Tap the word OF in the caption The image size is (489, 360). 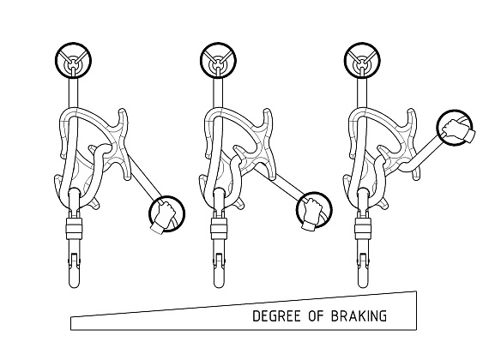(317, 316)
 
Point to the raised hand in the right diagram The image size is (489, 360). (458, 129)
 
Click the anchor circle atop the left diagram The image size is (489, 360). (73, 60)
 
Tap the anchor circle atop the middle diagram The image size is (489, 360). (218, 60)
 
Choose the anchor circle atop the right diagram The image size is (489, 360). (362, 60)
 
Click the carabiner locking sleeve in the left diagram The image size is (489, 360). (74, 229)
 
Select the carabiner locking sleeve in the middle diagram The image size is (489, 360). (219, 229)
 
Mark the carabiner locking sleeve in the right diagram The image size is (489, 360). (364, 229)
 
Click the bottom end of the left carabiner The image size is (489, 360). (75, 287)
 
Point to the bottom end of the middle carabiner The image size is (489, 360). (220, 287)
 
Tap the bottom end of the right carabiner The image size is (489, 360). (363, 287)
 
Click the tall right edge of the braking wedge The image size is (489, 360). (416, 310)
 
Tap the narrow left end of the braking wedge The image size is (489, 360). (71, 323)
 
